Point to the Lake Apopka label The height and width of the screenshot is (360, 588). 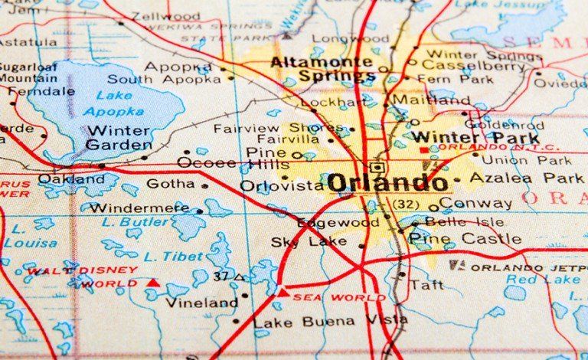tap(103, 103)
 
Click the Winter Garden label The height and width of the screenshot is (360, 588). tap(118, 138)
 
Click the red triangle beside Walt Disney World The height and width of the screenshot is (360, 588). tap(152, 283)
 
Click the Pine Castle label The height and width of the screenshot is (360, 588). tap(465, 239)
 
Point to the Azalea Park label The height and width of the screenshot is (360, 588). tap(526, 178)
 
